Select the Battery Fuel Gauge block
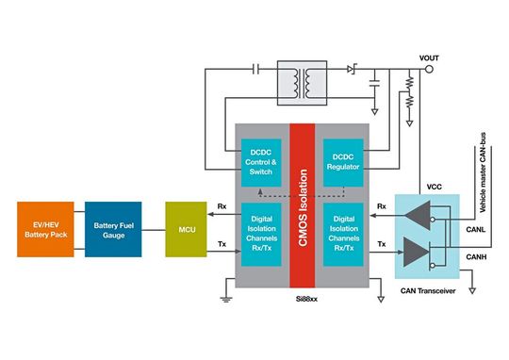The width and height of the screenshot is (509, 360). [114, 228]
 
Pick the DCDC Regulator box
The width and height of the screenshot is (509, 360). [343, 160]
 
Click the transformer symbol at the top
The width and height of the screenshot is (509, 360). [303, 82]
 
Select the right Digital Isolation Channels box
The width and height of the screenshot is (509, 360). [343, 233]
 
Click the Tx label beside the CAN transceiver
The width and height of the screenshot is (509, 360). [382, 243]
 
